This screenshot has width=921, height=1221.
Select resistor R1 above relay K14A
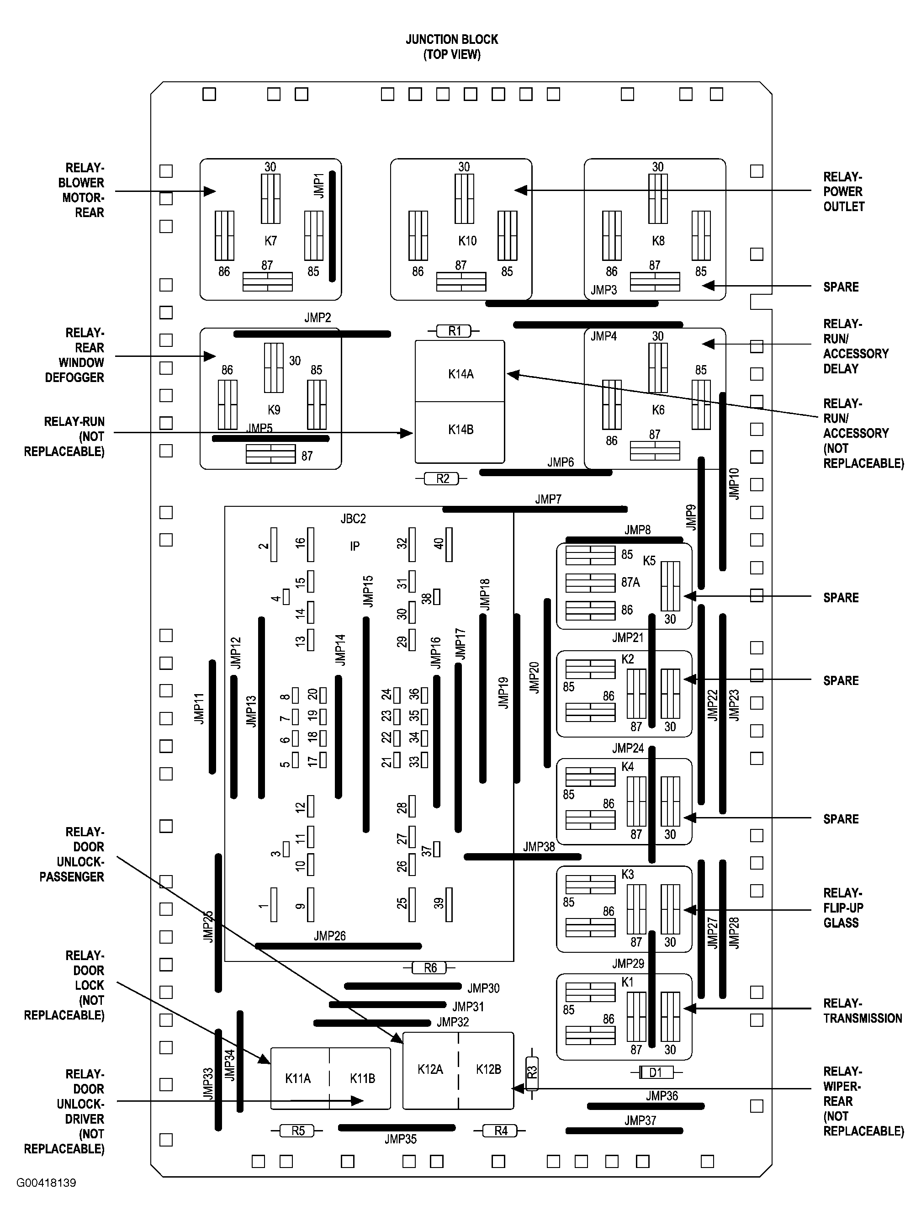pos(454,331)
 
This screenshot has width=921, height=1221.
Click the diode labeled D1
pos(656,1072)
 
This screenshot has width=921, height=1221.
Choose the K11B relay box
pos(361,1078)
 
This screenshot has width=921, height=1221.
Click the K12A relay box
pos(430,1069)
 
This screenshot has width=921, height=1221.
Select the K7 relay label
pos(270,241)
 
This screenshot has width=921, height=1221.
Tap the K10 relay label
pos(467,241)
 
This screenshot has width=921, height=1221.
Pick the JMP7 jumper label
pos(547,499)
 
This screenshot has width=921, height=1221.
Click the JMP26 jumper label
pos(329,935)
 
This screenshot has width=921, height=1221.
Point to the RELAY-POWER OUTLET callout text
pos(843,191)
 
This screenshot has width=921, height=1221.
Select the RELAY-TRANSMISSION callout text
pos(862,1011)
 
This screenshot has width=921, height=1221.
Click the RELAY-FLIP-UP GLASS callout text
pos(842,908)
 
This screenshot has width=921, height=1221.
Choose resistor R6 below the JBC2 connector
pos(430,968)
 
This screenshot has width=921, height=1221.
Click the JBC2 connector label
pos(353,518)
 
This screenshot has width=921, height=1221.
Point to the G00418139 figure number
pos(46,1183)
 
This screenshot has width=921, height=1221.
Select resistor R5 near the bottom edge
pos(297,1131)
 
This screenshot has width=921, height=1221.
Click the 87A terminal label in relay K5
pos(630,582)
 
